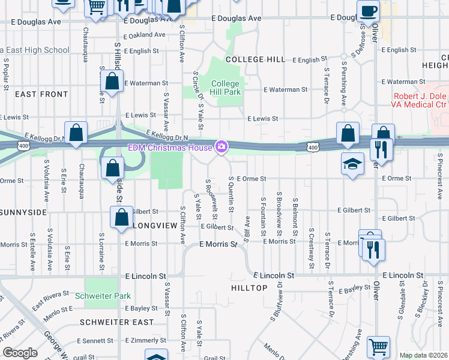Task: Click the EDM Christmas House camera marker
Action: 221,147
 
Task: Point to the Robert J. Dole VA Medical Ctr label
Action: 420,101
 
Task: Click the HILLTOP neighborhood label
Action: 249,288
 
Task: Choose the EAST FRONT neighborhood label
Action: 41,94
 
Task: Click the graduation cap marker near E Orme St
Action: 352,164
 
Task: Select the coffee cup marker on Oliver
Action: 367,10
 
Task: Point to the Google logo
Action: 20,353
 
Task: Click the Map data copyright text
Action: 423,355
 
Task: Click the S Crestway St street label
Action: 312,244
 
